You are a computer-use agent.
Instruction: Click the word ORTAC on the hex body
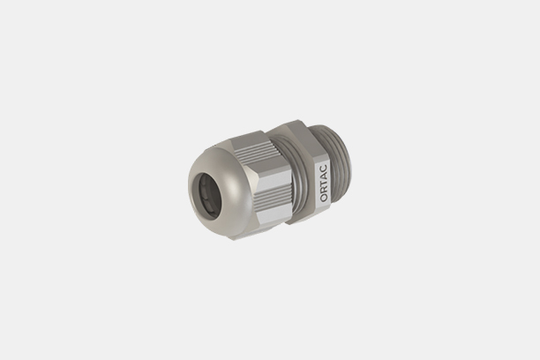coord(324,183)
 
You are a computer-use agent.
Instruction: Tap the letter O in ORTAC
coord(324,198)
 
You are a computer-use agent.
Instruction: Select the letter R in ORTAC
coord(324,191)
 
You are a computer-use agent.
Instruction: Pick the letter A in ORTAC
coord(324,176)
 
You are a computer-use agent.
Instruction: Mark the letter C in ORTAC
coord(324,169)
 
